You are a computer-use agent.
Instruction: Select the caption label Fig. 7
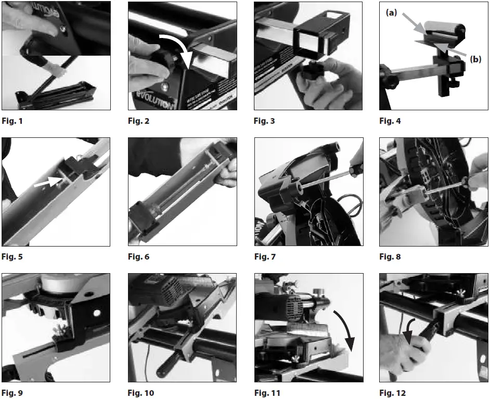(x=264, y=257)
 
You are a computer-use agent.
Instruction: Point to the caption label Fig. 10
(x=140, y=393)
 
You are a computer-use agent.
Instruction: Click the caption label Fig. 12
(x=392, y=393)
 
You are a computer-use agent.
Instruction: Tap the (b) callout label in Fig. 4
(x=475, y=59)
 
